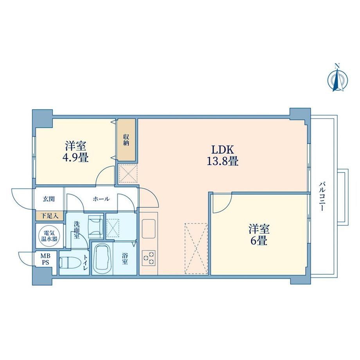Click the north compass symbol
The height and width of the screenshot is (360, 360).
tap(337, 79)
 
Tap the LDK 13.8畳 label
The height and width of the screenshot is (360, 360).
tap(223, 155)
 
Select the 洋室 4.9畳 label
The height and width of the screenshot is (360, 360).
tap(76, 151)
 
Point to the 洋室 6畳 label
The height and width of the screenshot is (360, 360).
tap(259, 235)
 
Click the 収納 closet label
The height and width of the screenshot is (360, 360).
tap(126, 140)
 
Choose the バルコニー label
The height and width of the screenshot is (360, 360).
tap(322, 196)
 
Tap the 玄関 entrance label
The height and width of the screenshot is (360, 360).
tap(49, 199)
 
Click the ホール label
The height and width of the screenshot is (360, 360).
tap(101, 199)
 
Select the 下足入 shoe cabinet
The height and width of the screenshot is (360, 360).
tap(49, 216)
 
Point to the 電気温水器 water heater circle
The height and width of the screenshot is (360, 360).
tap(49, 236)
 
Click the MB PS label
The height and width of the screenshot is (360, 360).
tap(45, 259)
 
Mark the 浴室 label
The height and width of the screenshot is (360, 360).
tap(125, 259)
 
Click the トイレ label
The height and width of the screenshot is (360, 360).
tap(86, 262)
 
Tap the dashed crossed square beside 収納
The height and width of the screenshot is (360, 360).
tap(128, 174)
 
